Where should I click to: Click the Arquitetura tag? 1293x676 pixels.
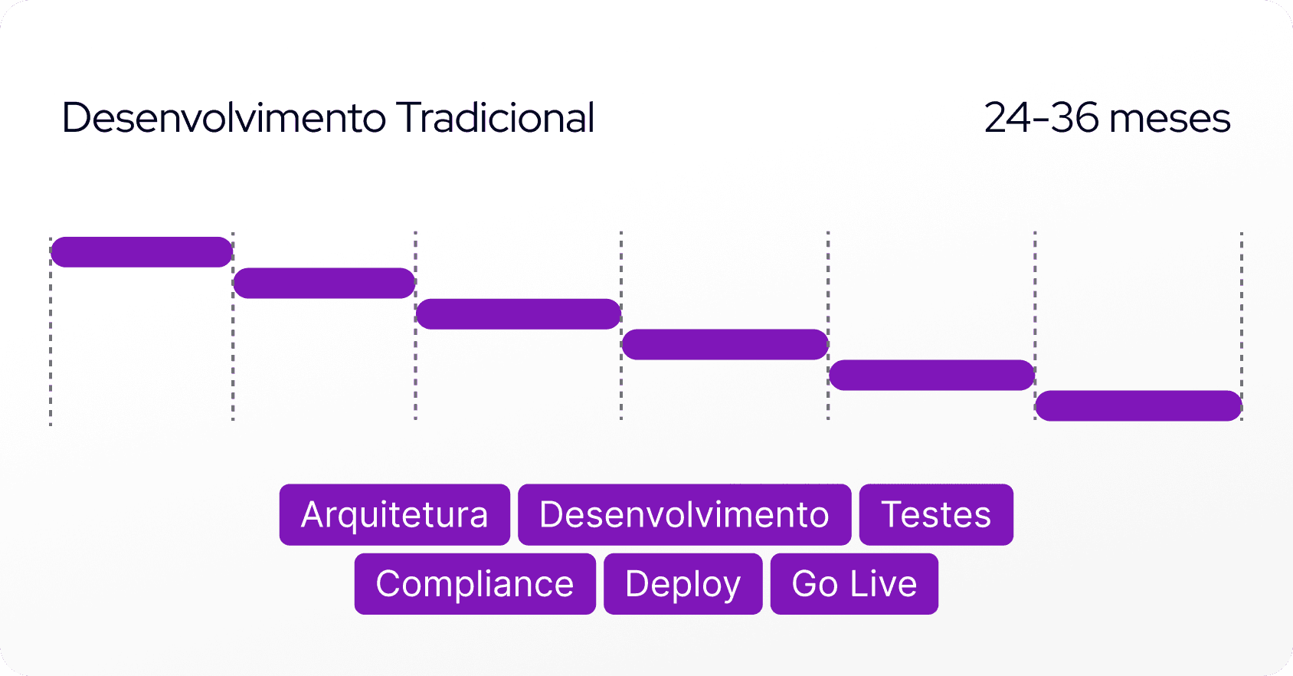pyautogui.click(x=394, y=514)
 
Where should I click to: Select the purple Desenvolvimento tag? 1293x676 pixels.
pyautogui.click(x=684, y=514)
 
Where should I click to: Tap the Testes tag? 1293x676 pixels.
pyautogui.click(x=936, y=514)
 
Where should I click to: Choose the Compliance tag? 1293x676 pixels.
pyautogui.click(x=475, y=584)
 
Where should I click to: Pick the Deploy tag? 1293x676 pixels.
pyautogui.click(x=683, y=584)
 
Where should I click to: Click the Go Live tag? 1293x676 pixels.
pyautogui.click(x=854, y=584)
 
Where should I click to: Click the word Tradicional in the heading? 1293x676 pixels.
pyautogui.click(x=496, y=118)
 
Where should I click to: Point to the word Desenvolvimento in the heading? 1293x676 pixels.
pyautogui.click(x=224, y=118)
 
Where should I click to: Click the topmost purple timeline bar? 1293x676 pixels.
pyautogui.click(x=142, y=252)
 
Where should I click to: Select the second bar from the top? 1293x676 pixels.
pyautogui.click(x=324, y=283)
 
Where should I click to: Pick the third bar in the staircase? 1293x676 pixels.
pyautogui.click(x=518, y=314)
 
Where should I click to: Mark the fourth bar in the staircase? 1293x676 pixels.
pyautogui.click(x=725, y=345)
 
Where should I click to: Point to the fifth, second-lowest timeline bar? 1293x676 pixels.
pyautogui.click(x=931, y=376)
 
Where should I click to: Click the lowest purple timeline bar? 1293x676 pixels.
pyautogui.click(x=1138, y=406)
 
